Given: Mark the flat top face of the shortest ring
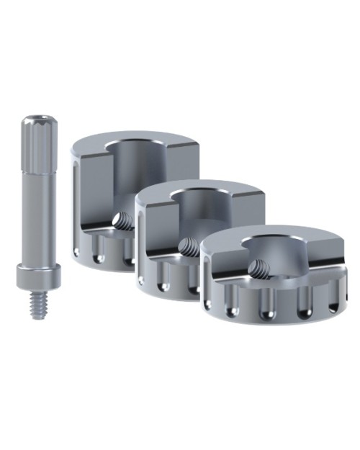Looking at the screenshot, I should pyautogui.click(x=302, y=248).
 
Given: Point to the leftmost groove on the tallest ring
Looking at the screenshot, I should pyautogui.click(x=78, y=252).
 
